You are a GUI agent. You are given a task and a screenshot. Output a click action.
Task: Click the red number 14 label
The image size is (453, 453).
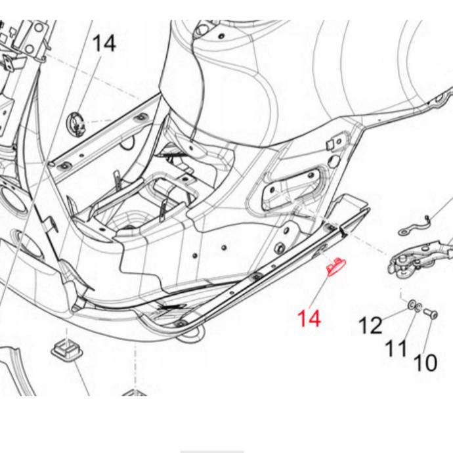[309, 318]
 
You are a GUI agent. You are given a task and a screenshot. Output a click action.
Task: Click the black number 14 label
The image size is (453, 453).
[104, 43]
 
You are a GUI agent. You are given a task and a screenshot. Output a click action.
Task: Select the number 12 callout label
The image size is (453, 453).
[370, 325]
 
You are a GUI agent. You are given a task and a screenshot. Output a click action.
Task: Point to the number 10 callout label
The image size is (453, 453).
[425, 362]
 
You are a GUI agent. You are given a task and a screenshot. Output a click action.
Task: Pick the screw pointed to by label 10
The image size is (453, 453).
[431, 314]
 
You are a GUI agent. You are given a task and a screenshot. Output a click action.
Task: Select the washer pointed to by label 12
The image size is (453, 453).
[411, 304]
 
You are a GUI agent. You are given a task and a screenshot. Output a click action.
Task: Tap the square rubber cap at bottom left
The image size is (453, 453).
[67, 350]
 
